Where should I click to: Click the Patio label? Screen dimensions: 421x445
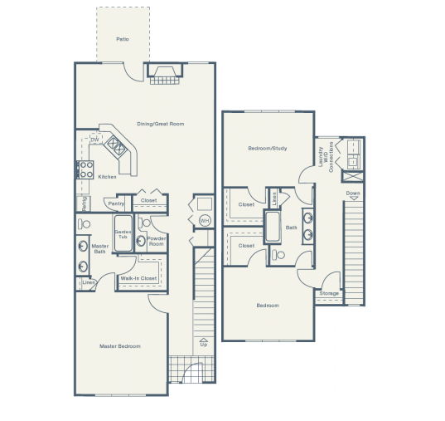(x=123, y=39)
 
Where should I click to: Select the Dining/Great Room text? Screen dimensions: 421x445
(x=160, y=124)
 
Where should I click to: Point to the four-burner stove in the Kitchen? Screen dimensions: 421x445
(x=85, y=170)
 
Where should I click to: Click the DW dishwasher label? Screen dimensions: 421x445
(x=94, y=140)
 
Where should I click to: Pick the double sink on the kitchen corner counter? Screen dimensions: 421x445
(x=115, y=147)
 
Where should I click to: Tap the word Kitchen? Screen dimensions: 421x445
(x=108, y=177)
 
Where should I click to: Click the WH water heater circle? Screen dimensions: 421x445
(x=204, y=220)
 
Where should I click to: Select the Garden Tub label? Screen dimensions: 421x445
(x=123, y=234)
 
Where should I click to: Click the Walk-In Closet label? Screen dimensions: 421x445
(x=138, y=278)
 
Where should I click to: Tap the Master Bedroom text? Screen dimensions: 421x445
(x=120, y=345)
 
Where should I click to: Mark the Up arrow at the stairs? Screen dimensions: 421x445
(x=204, y=341)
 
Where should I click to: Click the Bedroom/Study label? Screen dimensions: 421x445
(x=267, y=149)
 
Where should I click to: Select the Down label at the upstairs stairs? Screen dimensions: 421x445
(x=353, y=193)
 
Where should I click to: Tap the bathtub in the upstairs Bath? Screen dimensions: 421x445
(x=273, y=227)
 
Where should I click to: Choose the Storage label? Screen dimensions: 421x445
(x=329, y=293)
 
